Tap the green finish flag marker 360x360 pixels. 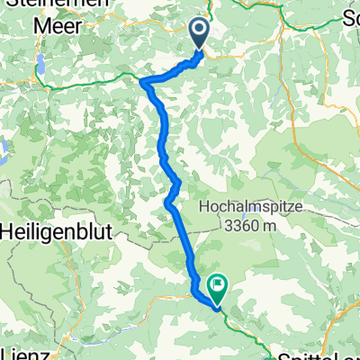click(217, 286)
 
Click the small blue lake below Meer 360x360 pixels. click(40, 65)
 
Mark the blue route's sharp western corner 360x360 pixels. click(143, 80)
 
